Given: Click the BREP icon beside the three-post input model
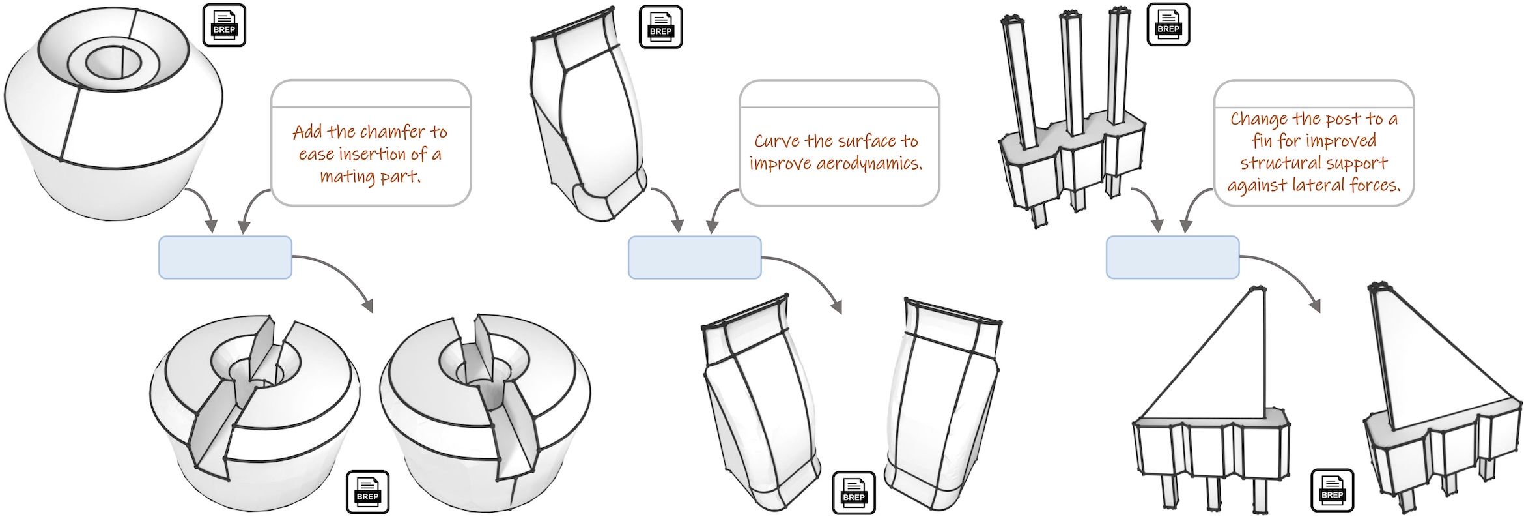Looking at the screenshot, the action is click(x=1168, y=25).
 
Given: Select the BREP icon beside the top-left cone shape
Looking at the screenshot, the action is click(x=224, y=25).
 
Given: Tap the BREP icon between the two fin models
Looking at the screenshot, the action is click(x=1332, y=490).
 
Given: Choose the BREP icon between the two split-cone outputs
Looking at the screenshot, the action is click(x=367, y=492).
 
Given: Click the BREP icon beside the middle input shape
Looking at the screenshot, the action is click(x=660, y=27).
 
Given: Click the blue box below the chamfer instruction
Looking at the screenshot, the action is click(x=225, y=258).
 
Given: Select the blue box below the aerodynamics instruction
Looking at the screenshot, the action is click(x=694, y=258).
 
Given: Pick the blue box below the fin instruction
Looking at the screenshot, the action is click(x=1172, y=258).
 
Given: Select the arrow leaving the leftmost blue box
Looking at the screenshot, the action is click(x=341, y=274).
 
